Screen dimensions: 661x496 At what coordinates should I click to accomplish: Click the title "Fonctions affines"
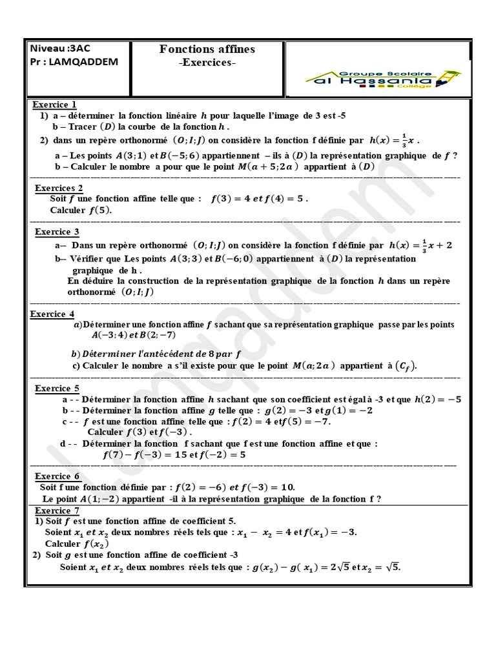click(207, 50)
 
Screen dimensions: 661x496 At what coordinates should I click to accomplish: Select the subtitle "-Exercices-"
click(207, 63)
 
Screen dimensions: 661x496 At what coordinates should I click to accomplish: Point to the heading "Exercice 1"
click(55, 105)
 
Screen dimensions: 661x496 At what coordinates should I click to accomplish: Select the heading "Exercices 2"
click(59, 188)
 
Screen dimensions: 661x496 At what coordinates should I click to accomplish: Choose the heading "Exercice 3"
click(57, 232)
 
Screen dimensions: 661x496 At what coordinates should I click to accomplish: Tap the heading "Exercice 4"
click(52, 314)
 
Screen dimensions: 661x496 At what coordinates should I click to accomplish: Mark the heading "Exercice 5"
click(57, 389)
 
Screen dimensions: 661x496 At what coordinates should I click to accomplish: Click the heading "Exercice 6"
click(57, 476)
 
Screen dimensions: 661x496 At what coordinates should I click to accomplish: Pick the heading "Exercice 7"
click(56, 511)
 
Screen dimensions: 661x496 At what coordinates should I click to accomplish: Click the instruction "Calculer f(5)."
click(81, 210)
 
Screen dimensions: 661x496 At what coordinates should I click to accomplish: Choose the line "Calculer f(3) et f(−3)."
click(139, 432)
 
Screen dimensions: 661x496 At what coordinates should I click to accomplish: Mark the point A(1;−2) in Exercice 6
click(103, 499)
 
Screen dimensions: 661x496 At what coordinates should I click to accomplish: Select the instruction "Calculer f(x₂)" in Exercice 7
click(72, 544)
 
